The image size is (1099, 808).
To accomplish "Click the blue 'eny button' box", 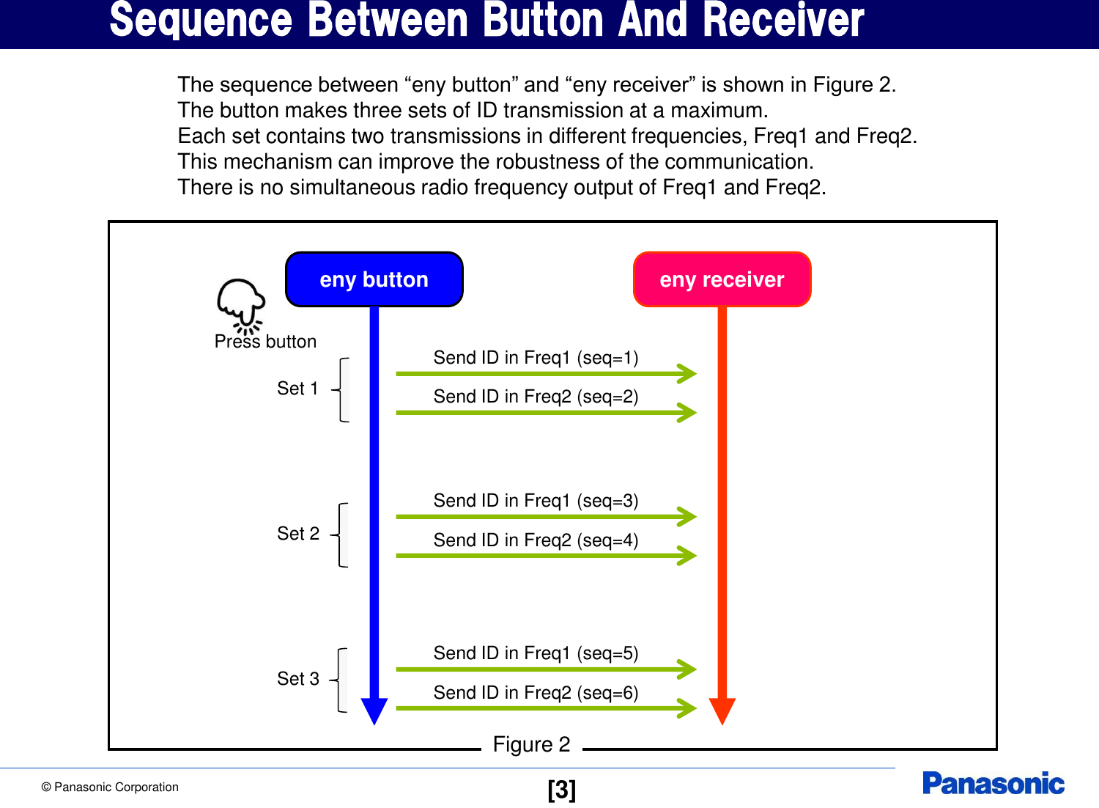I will tap(374, 279).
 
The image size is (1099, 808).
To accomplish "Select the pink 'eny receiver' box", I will tap(722, 279).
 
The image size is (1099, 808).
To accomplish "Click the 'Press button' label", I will tap(265, 342).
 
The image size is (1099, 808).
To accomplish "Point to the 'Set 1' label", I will tap(297, 389).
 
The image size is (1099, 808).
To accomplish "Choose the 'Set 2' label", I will tap(298, 534).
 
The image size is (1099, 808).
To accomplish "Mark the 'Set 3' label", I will tap(298, 679).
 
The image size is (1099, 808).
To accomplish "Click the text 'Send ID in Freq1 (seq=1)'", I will tap(536, 358).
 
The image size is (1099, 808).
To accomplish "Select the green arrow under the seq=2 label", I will tap(542, 413).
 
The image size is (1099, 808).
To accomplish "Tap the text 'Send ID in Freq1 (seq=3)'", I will tap(536, 501).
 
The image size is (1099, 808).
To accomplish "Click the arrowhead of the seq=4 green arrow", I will tap(687, 556).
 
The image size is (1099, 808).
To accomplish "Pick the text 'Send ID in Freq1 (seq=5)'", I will tap(536, 653).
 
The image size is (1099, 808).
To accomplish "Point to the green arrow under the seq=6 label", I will tap(542, 708).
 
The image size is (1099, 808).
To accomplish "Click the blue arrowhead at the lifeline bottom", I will tap(374, 710).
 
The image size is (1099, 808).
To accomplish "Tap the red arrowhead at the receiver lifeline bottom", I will tap(722, 710).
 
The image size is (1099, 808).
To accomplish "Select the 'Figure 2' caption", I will tap(531, 745).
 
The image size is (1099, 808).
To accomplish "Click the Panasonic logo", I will tap(993, 784).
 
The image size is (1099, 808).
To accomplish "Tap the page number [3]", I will tap(561, 790).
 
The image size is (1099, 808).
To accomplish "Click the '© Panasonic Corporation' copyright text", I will tap(110, 787).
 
